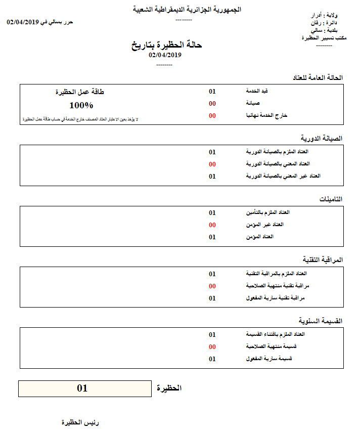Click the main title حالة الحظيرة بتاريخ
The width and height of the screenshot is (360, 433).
tap(166, 45)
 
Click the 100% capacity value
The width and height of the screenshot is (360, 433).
tap(81, 105)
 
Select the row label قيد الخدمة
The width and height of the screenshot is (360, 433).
tap(256, 92)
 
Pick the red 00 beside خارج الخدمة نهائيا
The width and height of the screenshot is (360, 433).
tap(212, 116)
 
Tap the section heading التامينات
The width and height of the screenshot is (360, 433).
tap(331, 199)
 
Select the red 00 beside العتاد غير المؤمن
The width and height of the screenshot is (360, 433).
tap(212, 225)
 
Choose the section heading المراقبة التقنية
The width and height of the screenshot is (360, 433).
tap(321, 260)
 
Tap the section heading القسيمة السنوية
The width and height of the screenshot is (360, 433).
tap(321, 321)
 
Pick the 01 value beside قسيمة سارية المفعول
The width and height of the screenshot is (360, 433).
tap(212, 359)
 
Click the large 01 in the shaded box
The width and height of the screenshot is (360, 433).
tap(82, 388)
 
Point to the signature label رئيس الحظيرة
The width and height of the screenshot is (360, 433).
tap(80, 422)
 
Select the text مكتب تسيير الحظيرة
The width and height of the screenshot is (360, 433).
tap(324, 38)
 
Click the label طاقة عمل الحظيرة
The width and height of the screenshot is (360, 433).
tap(80, 92)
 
